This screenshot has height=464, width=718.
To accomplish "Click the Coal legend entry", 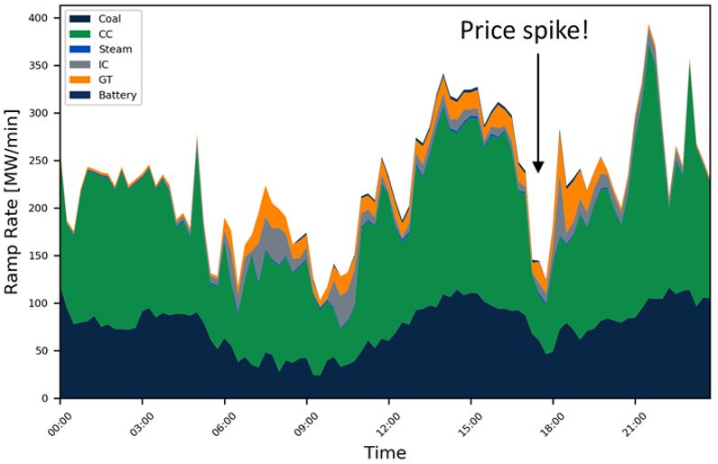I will [109, 19].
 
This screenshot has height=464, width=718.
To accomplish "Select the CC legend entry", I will [106, 34].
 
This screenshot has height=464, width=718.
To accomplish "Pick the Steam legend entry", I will [112, 50].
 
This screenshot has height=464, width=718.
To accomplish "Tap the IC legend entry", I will [104, 65].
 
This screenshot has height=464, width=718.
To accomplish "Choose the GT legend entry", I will [106, 80].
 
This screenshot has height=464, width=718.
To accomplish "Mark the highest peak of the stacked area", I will [649, 25].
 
